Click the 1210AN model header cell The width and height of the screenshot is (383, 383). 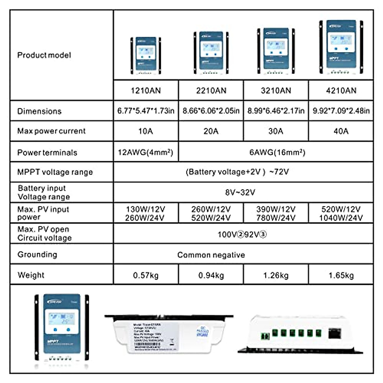(x=146, y=91)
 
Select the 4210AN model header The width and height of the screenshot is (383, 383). (x=341, y=91)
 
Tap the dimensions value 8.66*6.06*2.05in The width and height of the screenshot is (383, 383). (x=211, y=111)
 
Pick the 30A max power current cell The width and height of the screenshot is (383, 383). (x=276, y=131)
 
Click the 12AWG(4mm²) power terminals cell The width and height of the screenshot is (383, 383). (x=146, y=152)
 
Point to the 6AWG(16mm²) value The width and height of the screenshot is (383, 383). (x=277, y=152)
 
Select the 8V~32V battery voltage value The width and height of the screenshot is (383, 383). (x=240, y=192)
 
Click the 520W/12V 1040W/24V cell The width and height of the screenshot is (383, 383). (x=341, y=213)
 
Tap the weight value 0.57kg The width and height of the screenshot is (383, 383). (x=146, y=275)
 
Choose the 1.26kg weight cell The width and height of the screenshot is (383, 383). (x=276, y=275)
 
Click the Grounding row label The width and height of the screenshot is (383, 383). (x=37, y=254)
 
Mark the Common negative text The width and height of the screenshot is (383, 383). (x=211, y=255)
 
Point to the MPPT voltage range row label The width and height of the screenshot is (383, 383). (x=55, y=172)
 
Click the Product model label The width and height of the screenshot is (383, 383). (x=44, y=55)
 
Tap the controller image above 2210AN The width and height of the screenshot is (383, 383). (x=211, y=53)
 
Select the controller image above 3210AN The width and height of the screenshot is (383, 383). (x=276, y=51)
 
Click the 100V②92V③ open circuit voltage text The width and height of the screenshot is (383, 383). (x=242, y=235)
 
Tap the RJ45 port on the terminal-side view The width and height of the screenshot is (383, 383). (x=334, y=334)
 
